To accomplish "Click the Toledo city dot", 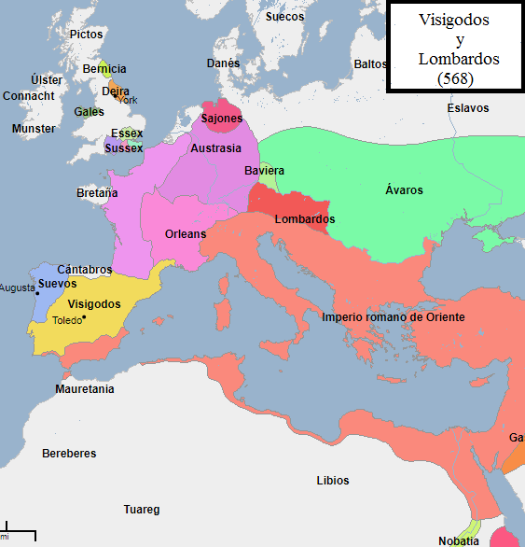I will pos(84,318).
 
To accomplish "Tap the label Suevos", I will pos(57,283).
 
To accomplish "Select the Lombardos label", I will pos(305,219).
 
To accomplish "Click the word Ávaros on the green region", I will pos(404,190).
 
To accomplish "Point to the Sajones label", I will pos(222,119).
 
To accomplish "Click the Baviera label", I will pos(264,171).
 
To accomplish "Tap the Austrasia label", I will pos(215,148).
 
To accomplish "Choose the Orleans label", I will pos(185,233).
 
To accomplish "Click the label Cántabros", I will pos(85,269).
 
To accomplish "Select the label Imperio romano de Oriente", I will pos(393,317).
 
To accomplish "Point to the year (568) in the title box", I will pos(455,79).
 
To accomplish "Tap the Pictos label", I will pos(87,34).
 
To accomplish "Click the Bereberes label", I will pos(69,454).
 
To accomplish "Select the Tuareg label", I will pos(142,510).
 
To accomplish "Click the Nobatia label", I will pos(459,540).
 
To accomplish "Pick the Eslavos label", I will pos(467,108).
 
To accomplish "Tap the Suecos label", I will pos(284,17).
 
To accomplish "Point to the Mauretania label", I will pos(85,388).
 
